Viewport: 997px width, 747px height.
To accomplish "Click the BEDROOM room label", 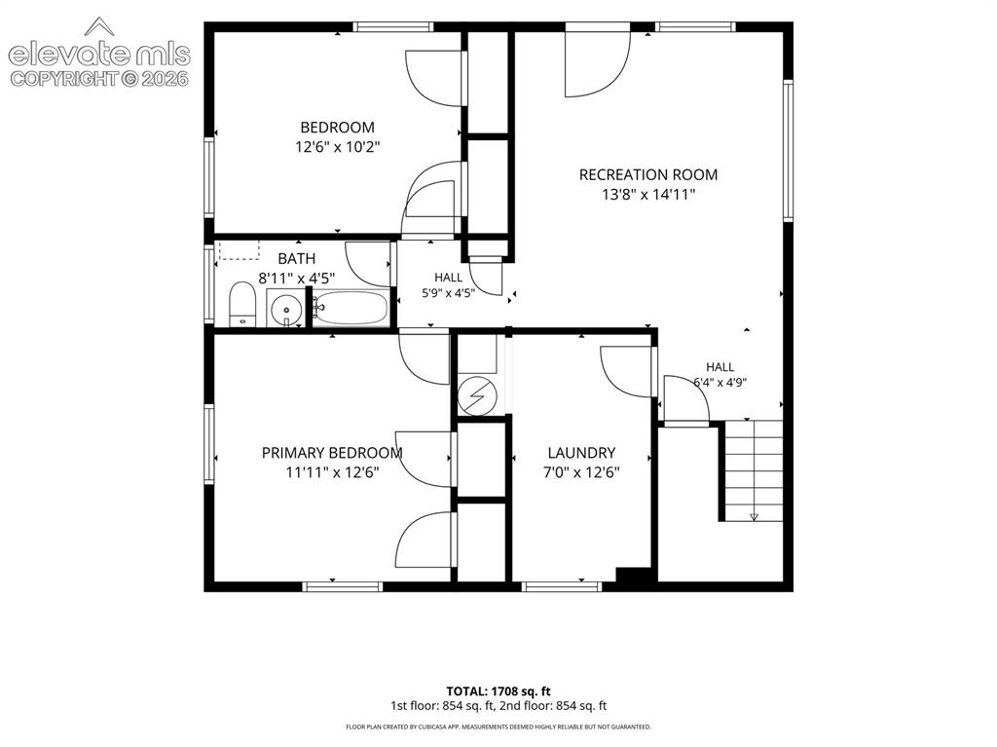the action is [x=337, y=128].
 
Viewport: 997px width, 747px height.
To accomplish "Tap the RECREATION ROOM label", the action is [x=647, y=175].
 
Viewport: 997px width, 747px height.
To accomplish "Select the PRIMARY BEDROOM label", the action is [x=332, y=453].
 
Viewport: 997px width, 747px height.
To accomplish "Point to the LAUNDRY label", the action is [x=581, y=453].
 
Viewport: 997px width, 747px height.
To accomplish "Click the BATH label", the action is [x=296, y=259].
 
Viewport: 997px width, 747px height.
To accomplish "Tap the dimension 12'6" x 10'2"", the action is [x=337, y=147].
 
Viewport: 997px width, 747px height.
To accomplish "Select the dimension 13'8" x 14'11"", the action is [x=647, y=195].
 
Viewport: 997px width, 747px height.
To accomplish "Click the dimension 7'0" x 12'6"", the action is [x=581, y=472].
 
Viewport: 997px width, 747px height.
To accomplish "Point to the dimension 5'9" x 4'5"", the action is [x=448, y=293].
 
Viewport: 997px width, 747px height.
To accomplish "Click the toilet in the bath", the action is [x=241, y=304].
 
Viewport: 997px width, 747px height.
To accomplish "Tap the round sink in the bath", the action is [x=286, y=310].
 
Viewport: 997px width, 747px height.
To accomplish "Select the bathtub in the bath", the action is [x=351, y=308].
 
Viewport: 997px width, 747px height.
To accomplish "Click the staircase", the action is [x=755, y=470].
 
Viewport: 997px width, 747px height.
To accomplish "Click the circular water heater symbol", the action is [x=476, y=395].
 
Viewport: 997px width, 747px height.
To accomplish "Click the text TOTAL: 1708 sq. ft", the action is [x=498, y=691].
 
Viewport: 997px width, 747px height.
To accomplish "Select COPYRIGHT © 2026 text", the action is [x=99, y=79].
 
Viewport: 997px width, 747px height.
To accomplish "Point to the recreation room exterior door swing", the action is [x=598, y=63].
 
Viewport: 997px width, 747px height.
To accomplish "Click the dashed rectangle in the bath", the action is [x=240, y=250].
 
